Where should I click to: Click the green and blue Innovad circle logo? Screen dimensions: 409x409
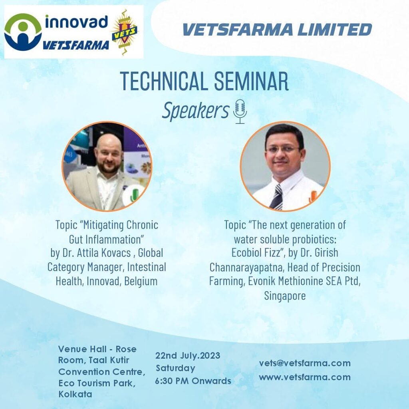[23, 32]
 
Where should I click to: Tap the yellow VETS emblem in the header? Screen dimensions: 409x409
[125, 32]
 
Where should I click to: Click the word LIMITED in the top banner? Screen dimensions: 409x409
[335, 29]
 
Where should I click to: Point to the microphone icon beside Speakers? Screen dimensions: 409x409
[240, 111]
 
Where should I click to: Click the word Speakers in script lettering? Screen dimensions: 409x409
[196, 111]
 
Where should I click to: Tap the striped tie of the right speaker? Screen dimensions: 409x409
[277, 197]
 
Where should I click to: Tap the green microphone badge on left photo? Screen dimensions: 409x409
[135, 195]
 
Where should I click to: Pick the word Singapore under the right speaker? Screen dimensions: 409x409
[285, 296]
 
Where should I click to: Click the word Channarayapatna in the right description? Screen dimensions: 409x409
[246, 267]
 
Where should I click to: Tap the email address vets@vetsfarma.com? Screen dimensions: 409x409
[305, 363]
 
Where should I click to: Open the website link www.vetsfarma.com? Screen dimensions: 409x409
[305, 377]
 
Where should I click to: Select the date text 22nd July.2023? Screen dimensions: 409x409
[188, 355]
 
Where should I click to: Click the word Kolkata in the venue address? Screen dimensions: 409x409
[75, 394]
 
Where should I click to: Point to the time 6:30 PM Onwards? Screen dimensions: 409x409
[193, 381]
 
